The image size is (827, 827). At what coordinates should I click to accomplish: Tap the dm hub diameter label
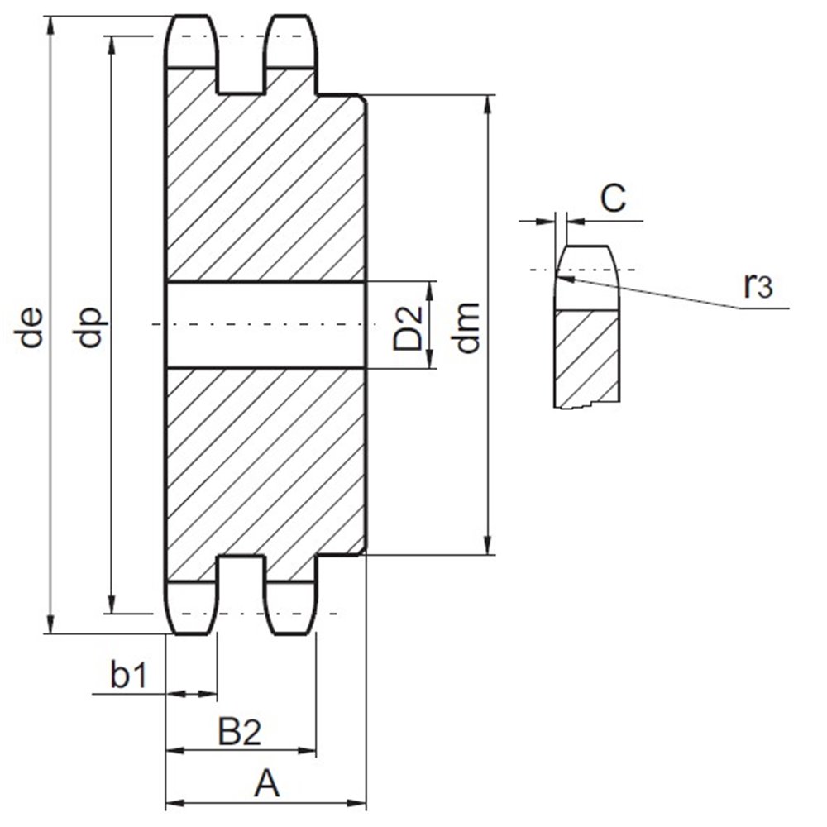pos(467,327)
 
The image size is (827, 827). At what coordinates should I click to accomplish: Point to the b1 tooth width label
pos(128,676)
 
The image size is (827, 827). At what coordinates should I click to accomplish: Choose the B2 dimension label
pos(240,732)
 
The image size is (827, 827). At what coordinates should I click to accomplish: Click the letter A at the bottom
pos(265,783)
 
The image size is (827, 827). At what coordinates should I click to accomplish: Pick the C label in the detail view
pos(612,198)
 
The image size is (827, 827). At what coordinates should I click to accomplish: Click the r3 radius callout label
pos(758,285)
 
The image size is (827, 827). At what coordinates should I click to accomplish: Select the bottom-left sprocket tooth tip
pos(192,632)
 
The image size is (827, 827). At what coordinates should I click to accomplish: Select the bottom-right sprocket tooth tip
pos(290,632)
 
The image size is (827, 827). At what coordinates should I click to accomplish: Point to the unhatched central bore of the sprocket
pos(265,325)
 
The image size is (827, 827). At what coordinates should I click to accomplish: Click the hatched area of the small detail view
pos(586,356)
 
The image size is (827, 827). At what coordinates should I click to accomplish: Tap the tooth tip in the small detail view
pos(587,249)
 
